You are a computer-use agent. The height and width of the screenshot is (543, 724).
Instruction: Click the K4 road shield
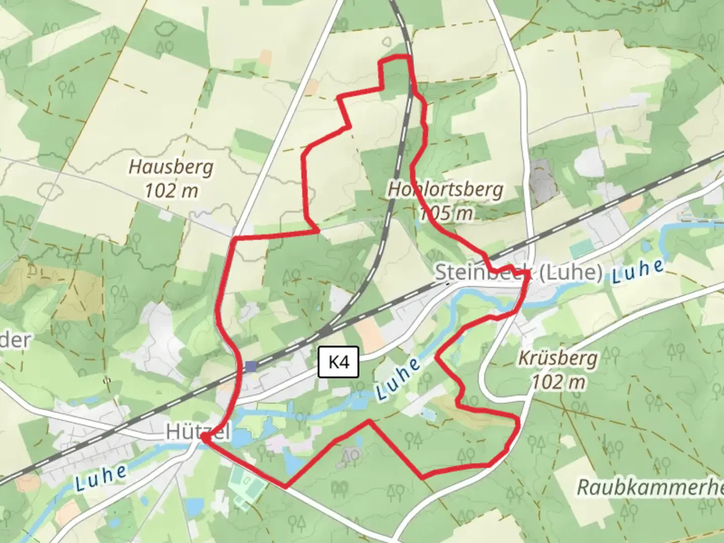point(338,361)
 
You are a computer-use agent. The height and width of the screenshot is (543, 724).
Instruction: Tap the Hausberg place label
point(171,167)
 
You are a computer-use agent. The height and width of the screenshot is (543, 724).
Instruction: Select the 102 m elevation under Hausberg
point(171,191)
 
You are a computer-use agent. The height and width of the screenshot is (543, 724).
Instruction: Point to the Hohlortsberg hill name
point(445,190)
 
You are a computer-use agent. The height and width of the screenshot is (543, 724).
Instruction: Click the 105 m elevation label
point(446,214)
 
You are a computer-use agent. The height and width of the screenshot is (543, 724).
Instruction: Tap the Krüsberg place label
point(558,358)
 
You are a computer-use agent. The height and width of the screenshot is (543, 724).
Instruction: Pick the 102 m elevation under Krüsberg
point(558,383)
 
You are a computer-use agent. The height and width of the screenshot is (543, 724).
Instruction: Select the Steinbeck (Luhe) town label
point(518,273)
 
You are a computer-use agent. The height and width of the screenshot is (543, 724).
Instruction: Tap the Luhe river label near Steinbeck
point(638,271)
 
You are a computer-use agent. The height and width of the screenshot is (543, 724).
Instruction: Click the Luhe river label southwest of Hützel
point(101,478)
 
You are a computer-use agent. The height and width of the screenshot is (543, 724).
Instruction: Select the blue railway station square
point(251,367)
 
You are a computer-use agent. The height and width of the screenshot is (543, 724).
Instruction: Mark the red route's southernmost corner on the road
point(286,487)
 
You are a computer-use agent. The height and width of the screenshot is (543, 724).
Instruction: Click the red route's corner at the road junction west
point(235,238)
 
